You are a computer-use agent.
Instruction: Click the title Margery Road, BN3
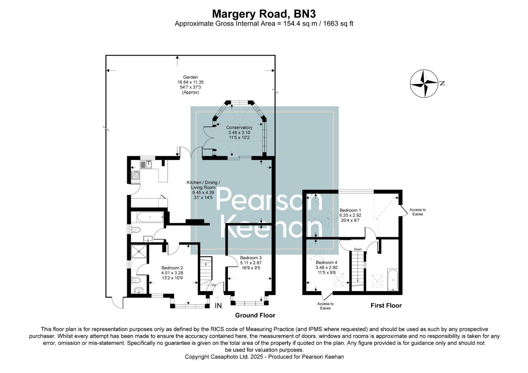pos(264,13)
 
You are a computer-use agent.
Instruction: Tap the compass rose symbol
pos(423,84)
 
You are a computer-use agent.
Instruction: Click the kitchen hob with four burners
pos(135,176)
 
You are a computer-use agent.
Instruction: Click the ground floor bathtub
pos(150,217)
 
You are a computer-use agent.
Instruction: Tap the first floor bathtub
pos(393,280)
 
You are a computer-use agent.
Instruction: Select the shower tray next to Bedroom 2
pos(139,252)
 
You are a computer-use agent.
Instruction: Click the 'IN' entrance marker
pos(218,306)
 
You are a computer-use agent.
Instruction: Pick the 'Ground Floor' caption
pos(255,315)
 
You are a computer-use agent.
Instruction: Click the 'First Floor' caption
pos(386,306)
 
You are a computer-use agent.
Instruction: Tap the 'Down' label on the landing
pos(358,249)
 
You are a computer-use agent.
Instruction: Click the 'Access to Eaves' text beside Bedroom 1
pos(417,212)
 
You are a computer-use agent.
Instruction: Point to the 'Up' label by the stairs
pos(214,285)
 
